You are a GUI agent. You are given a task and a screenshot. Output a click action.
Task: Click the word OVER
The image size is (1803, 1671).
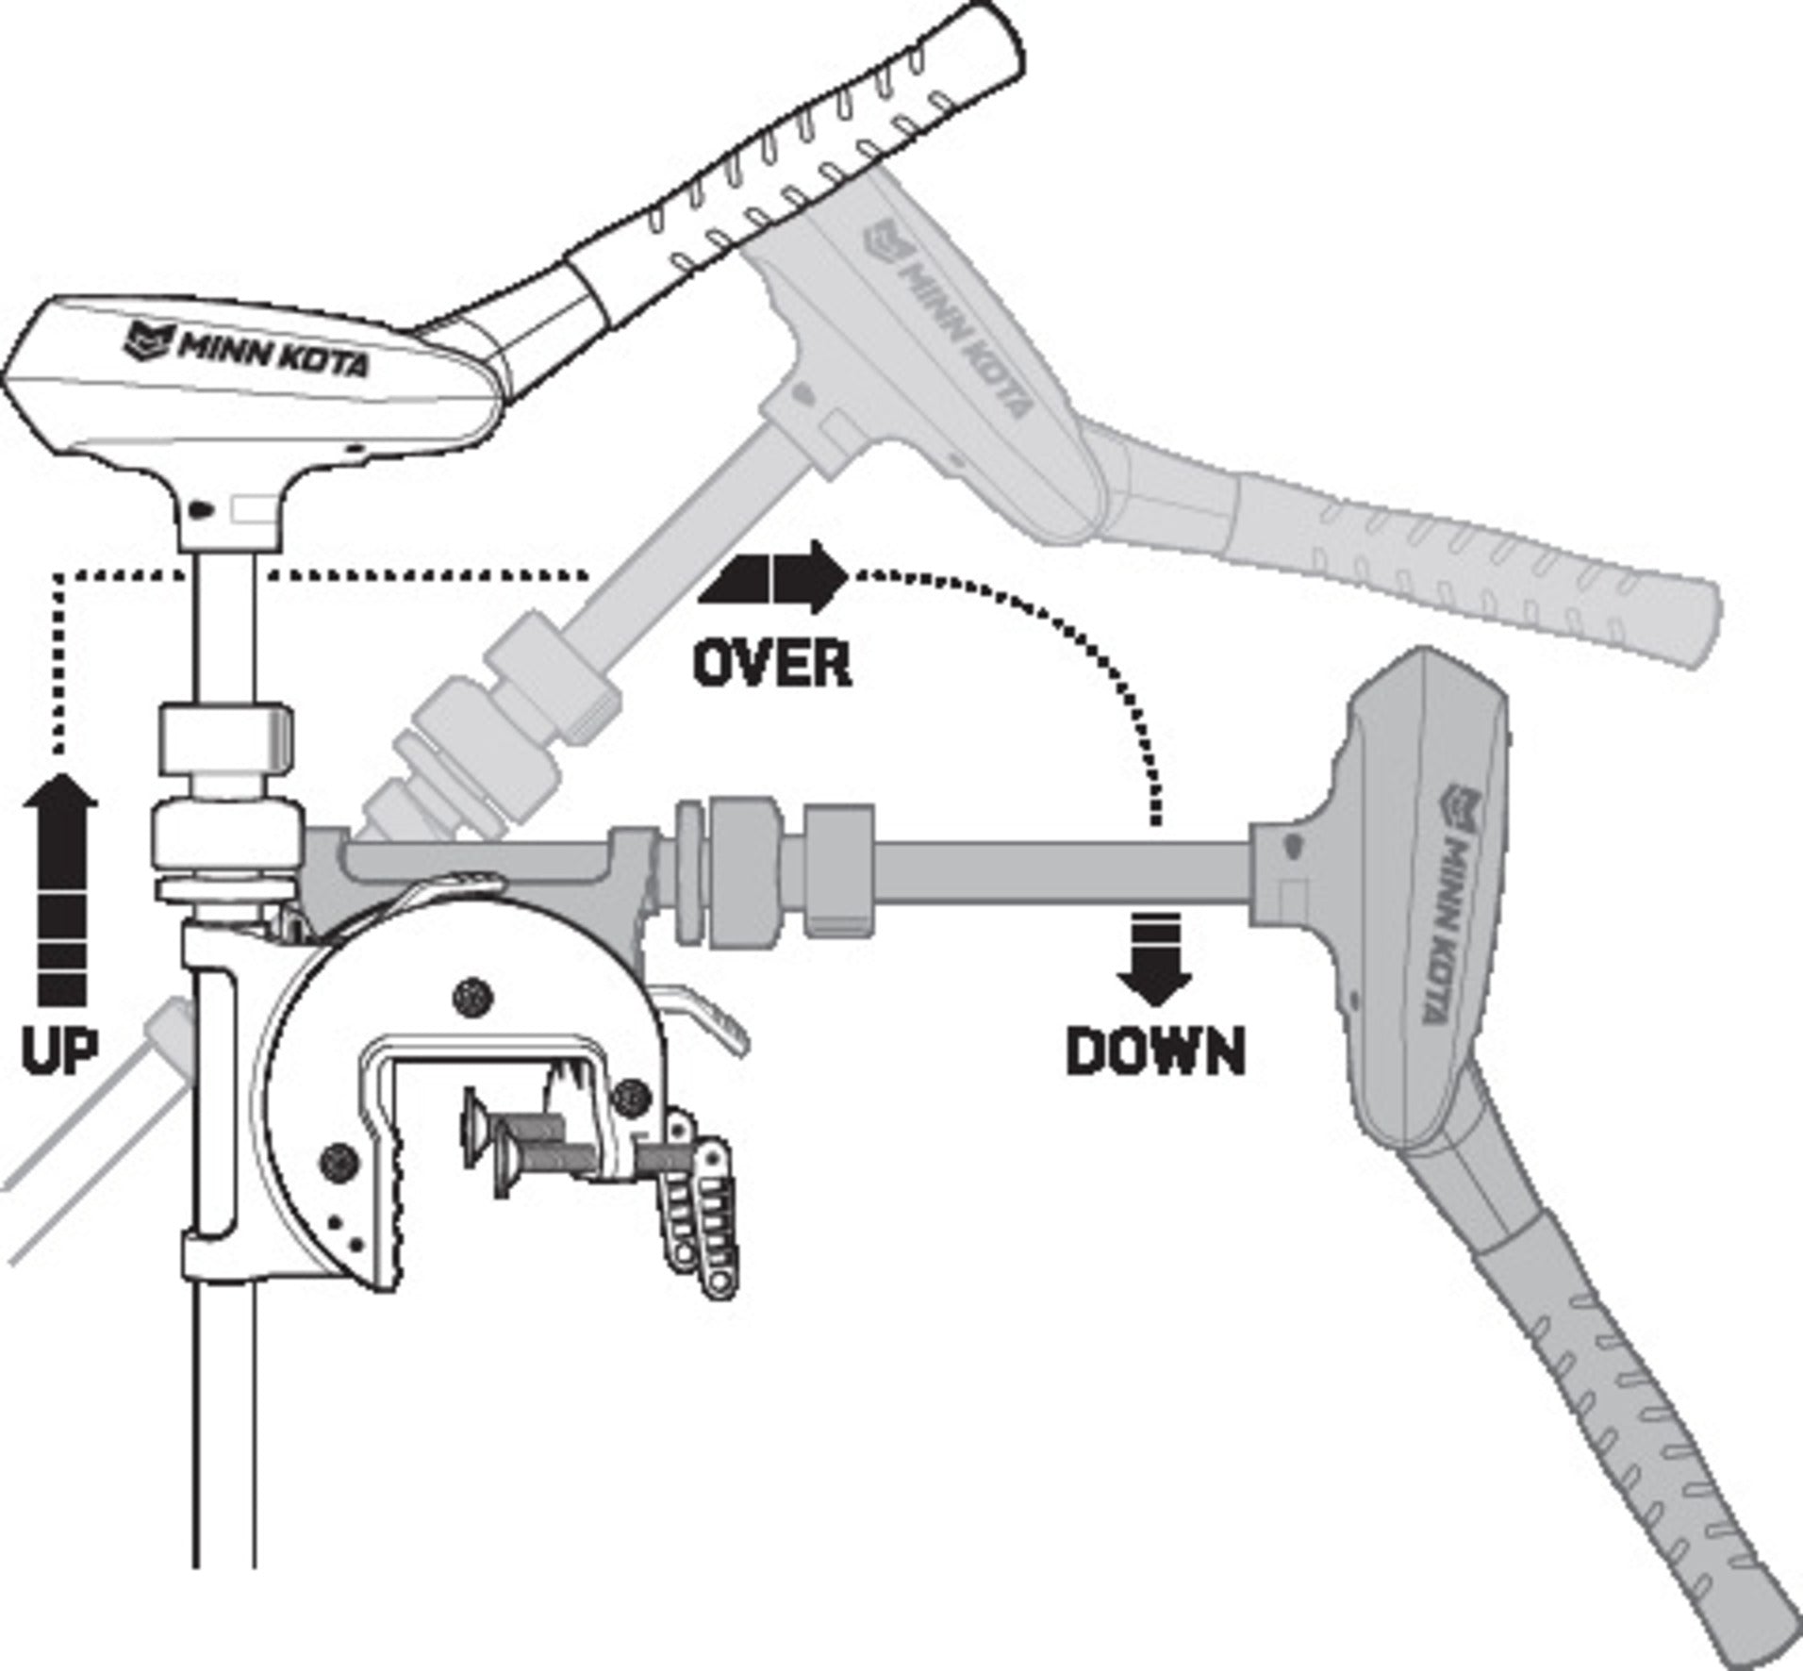coord(771,664)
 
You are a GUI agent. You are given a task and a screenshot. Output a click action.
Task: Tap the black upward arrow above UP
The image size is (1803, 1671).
coord(61,886)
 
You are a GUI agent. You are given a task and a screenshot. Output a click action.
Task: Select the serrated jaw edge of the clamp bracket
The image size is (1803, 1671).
coord(396,1198)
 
